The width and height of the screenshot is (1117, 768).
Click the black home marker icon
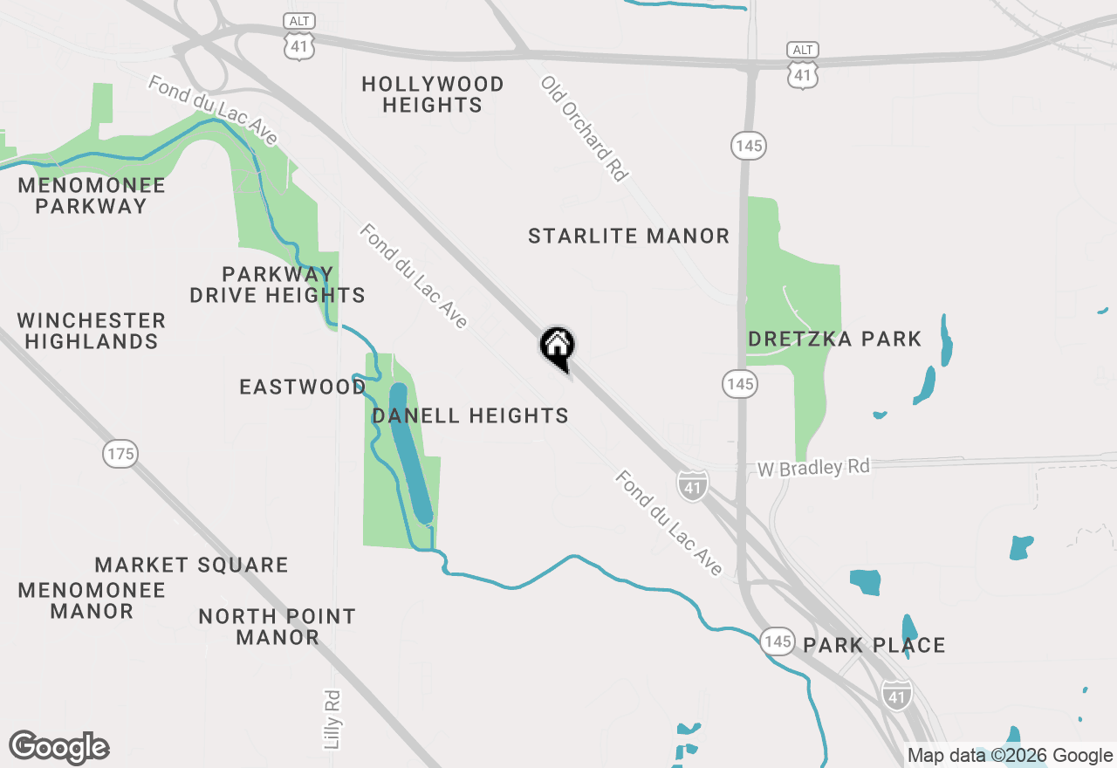point(557,347)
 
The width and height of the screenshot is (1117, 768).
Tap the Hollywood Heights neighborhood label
point(433,94)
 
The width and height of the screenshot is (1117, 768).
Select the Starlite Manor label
point(628,236)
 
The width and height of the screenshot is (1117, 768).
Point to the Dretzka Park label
point(834,339)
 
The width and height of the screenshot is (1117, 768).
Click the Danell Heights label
point(470,415)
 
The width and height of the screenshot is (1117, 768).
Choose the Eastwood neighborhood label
point(302,387)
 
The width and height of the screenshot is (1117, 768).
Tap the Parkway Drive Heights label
point(278,285)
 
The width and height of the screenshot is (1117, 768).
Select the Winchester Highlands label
point(92,331)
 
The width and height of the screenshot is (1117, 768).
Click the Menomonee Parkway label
point(92,195)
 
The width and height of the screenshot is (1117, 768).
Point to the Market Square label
point(191,565)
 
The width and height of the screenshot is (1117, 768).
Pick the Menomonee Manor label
point(92,600)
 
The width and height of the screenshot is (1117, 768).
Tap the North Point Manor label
point(278,627)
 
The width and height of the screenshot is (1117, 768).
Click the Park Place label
point(874,645)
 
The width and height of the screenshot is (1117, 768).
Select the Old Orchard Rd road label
point(585,129)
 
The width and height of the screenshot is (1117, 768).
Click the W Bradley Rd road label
point(813,468)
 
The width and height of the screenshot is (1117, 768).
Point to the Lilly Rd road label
point(332,719)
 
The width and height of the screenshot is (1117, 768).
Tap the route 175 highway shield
point(120,453)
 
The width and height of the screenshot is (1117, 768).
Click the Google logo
point(59,747)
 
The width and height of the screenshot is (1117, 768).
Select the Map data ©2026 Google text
point(1010,756)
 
